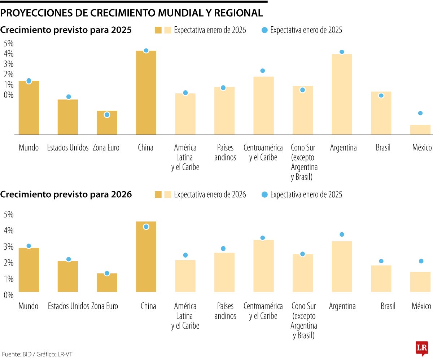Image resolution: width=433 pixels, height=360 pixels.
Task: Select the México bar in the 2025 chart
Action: pyautogui.click(x=420, y=130)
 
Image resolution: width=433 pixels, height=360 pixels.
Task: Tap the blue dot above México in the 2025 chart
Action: pyautogui.click(x=420, y=113)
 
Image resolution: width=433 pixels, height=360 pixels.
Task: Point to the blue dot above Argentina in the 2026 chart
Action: pyautogui.click(x=342, y=234)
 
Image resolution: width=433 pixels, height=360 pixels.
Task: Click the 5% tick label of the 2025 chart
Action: pyautogui.click(x=8, y=43)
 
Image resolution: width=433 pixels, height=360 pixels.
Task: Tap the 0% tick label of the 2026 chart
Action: pyautogui.click(x=8, y=295)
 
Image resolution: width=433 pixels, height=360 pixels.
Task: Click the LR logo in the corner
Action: pyautogui.click(x=422, y=348)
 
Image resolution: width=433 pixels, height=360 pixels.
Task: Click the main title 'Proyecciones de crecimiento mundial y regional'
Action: pyautogui.click(x=132, y=13)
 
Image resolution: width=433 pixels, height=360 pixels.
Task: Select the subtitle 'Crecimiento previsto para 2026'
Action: pyautogui.click(x=66, y=195)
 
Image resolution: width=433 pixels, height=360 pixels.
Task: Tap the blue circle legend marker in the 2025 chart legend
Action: pyautogui.click(x=264, y=30)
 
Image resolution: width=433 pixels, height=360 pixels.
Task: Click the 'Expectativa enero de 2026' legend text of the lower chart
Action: pyautogui.click(x=210, y=195)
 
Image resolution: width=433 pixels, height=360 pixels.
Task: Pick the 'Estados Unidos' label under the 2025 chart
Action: pyautogui.click(x=68, y=148)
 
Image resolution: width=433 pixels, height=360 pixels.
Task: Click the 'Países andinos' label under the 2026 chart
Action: pyautogui.click(x=225, y=311)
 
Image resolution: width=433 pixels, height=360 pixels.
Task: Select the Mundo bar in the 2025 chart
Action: pyautogui.click(x=29, y=108)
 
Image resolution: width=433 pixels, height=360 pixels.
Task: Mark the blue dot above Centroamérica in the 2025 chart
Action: pyautogui.click(x=263, y=71)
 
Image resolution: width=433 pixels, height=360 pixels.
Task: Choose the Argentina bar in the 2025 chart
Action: pyautogui.click(x=342, y=95)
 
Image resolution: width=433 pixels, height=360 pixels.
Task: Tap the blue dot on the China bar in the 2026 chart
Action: pyautogui.click(x=146, y=227)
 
